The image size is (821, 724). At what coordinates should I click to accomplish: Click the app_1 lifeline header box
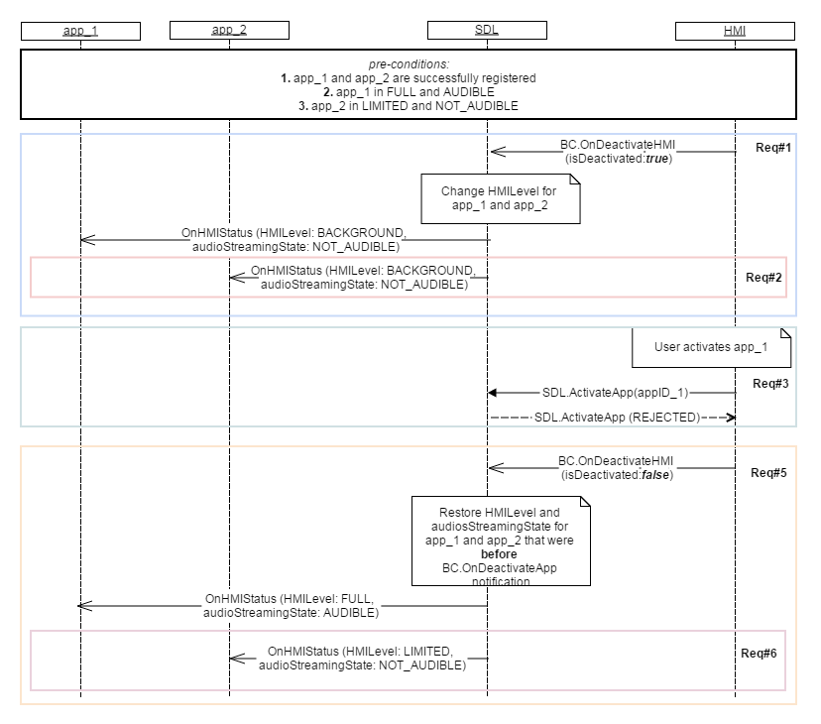(80, 31)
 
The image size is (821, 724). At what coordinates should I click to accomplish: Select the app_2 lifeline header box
(229, 31)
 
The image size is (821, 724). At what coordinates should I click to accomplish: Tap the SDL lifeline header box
(487, 31)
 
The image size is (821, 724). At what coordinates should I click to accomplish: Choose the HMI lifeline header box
(735, 31)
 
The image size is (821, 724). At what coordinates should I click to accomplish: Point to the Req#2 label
(764, 277)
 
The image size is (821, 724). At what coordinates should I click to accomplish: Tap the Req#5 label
(768, 472)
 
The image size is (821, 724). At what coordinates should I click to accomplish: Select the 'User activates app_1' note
(714, 348)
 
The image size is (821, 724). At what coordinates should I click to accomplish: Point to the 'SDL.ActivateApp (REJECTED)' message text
(618, 417)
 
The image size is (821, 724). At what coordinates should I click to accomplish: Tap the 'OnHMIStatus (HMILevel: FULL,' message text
(290, 599)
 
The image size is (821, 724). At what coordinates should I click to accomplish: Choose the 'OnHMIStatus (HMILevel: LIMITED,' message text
(361, 652)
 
